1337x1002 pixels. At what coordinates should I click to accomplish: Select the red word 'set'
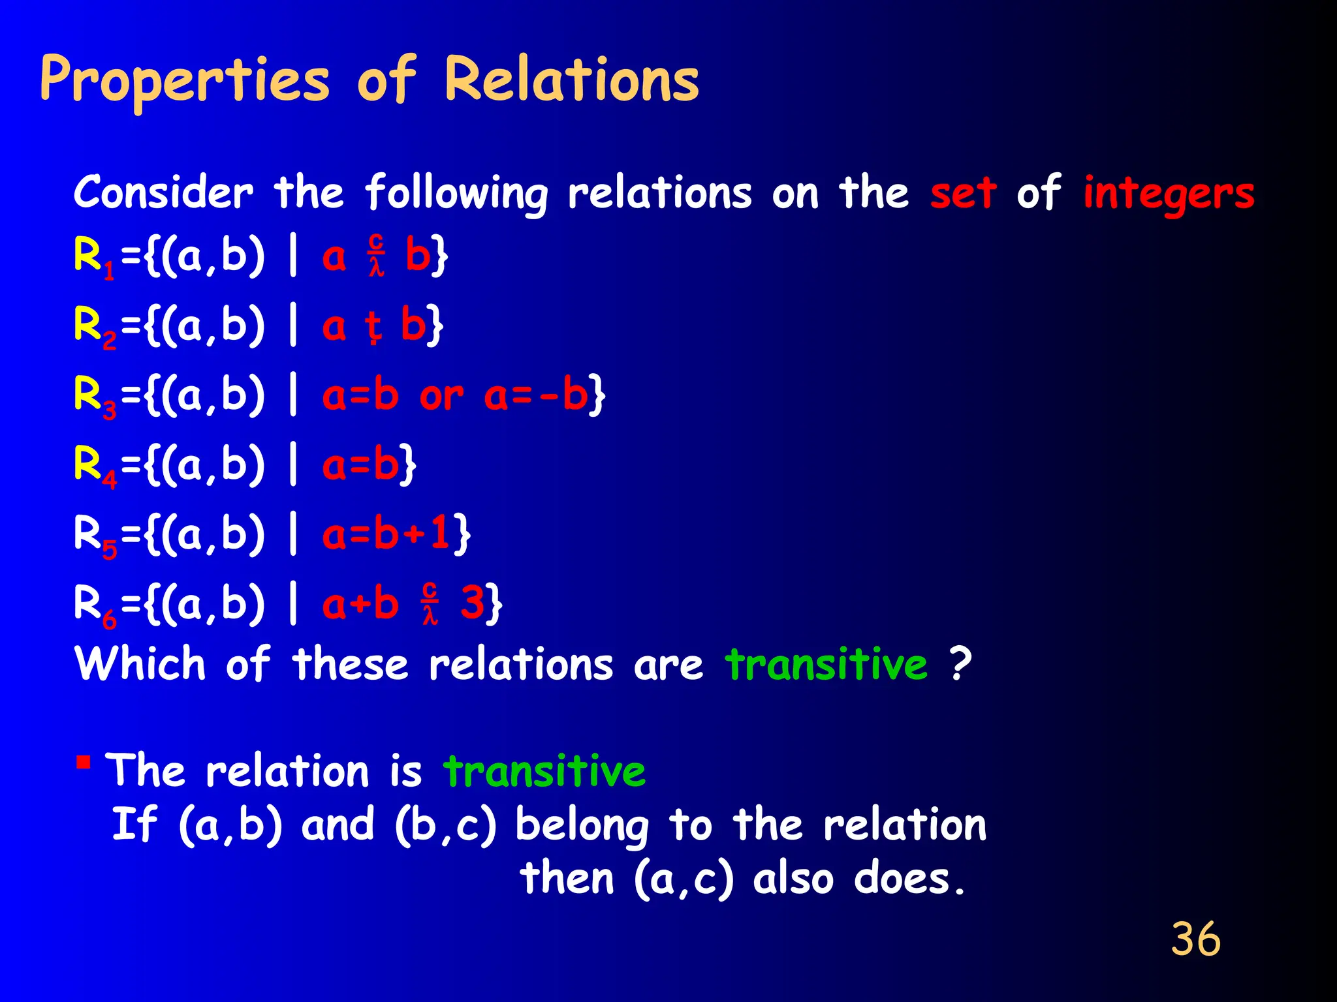pos(964,193)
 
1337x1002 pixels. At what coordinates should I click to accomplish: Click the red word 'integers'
pos(1169,194)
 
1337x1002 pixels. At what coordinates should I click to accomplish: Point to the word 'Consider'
pos(163,193)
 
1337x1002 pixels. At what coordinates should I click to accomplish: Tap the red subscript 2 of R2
pos(110,341)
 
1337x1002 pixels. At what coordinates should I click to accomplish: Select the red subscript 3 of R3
pos(110,410)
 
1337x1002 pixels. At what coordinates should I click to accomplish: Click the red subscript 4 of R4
pos(110,480)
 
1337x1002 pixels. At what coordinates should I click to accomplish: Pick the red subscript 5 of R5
pos(110,550)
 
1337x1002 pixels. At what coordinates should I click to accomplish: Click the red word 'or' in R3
pos(441,396)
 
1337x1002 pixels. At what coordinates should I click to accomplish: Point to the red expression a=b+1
pos(386,534)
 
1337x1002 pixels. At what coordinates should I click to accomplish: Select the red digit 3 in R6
pos(473,603)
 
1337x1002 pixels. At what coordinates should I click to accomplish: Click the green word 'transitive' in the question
pos(826,664)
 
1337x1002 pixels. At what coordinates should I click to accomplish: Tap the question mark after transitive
pos(960,664)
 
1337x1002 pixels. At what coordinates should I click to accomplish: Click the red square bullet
pos(83,761)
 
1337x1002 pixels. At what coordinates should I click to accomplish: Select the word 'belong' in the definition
pos(582,826)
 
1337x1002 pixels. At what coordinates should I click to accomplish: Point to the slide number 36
pos(1195,939)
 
